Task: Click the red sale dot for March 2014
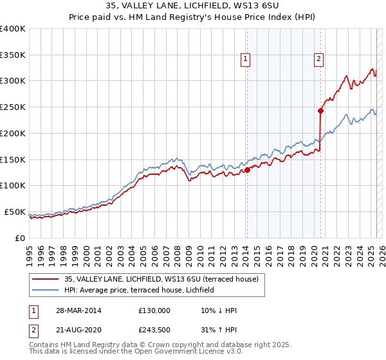click(x=247, y=170)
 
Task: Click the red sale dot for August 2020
click(x=320, y=110)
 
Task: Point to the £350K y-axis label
click(x=13, y=55)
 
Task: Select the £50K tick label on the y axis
click(x=15, y=212)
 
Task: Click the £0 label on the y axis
click(x=20, y=238)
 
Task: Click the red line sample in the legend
click(x=46, y=279)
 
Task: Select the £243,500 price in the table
click(x=154, y=331)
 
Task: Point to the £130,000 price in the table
click(x=154, y=310)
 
